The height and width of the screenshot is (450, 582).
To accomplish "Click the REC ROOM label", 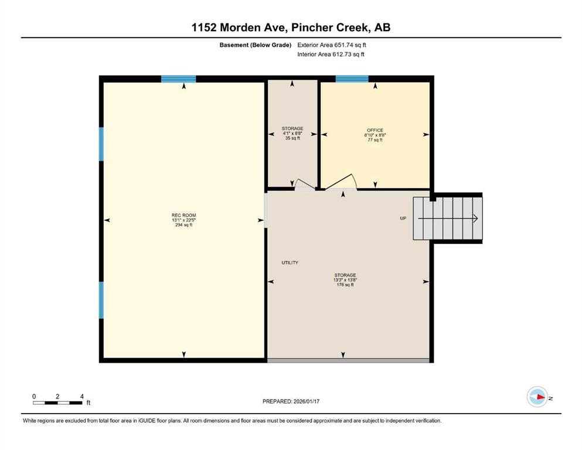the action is click(x=183, y=215).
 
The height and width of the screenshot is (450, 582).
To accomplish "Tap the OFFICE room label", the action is click(x=375, y=130).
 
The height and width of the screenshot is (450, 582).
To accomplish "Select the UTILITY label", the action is click(x=290, y=262).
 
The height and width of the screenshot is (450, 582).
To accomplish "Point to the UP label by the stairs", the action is click(x=403, y=218).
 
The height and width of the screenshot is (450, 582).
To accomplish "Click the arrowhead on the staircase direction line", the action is click(x=475, y=219).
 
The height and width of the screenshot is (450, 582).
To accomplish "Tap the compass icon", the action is click(x=537, y=397).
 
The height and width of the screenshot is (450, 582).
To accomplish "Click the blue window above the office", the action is click(x=352, y=79).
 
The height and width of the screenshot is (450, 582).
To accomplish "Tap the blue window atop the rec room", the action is click(x=179, y=79).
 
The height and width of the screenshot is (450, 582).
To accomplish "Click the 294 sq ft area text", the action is click(x=183, y=225).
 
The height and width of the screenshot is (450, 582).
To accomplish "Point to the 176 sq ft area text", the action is click(x=345, y=285).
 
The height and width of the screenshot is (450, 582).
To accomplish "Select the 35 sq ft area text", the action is click(x=292, y=138).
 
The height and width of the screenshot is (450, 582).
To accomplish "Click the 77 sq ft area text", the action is click(x=375, y=140).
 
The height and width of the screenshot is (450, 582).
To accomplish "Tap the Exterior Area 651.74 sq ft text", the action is click(x=332, y=45).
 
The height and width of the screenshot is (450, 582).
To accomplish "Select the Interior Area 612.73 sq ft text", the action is click(x=331, y=54).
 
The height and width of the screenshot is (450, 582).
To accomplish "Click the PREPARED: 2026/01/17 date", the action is click(x=291, y=401).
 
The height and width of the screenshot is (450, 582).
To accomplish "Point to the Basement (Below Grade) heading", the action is click(x=256, y=45).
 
